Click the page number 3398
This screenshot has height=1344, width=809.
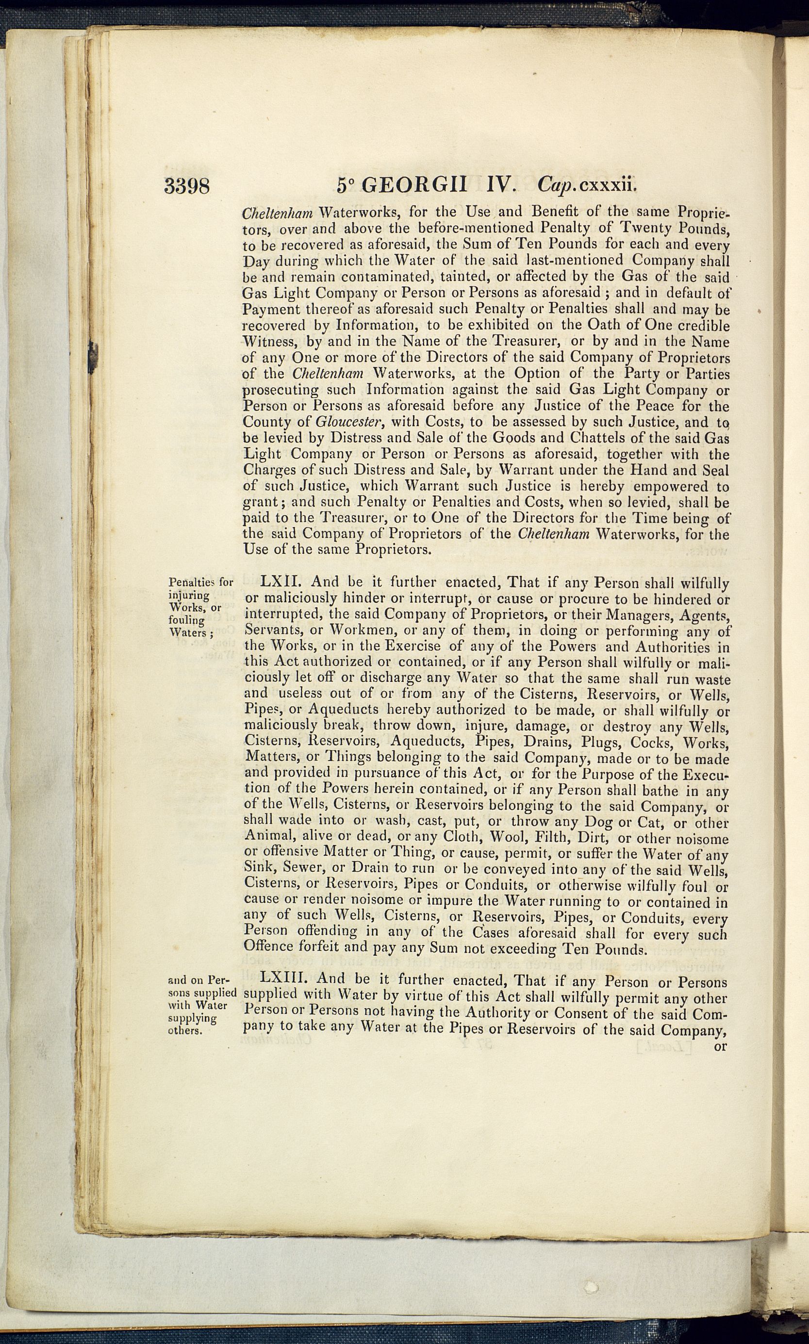click(186, 186)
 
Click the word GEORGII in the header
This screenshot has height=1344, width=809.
click(414, 185)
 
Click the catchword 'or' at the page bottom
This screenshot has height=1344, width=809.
click(720, 1046)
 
